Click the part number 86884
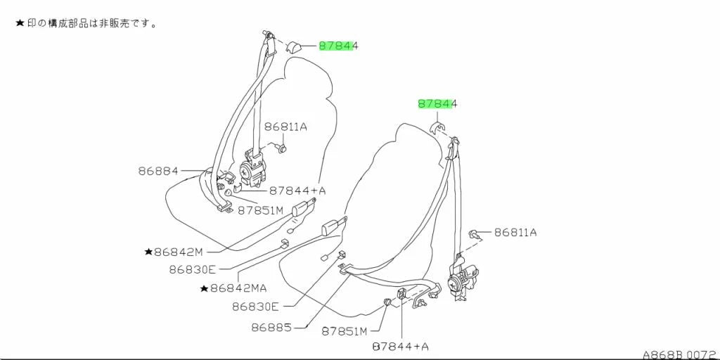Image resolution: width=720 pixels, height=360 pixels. pos(158,171)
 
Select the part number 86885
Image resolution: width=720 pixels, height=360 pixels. pos(271,327)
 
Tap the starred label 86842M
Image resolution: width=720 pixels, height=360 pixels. pos(174,252)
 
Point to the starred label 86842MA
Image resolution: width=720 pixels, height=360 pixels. pos(233,288)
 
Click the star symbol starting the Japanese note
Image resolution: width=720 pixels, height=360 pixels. pos(20,23)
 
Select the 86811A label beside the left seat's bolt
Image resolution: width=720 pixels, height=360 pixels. pos(285,127)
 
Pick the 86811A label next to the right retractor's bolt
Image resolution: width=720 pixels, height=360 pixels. pos(515,232)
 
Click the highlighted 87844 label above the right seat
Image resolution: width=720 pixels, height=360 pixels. pos(437,104)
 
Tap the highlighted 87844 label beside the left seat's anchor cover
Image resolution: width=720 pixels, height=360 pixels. pos(338,46)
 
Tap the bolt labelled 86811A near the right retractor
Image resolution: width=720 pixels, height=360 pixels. pos(475,235)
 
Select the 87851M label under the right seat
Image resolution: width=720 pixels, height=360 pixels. pos(345,330)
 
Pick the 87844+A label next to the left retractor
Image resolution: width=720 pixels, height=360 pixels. pos(297,190)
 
